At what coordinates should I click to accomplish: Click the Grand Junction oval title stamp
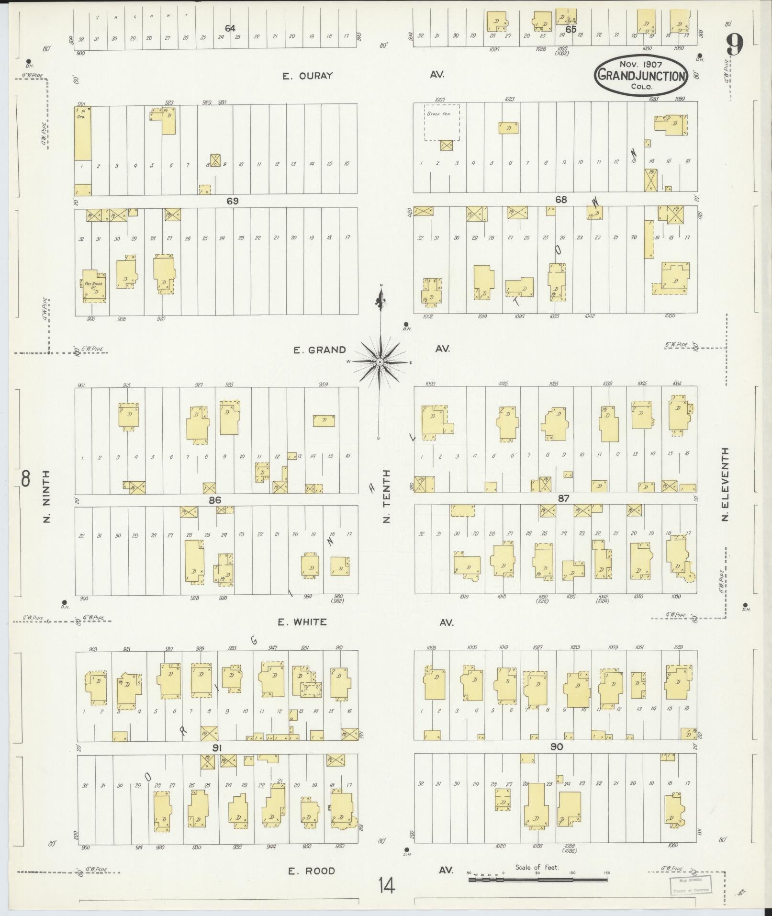(641, 75)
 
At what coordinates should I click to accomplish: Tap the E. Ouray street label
(307, 76)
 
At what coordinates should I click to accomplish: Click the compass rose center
(380, 362)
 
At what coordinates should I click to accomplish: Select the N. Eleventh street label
(726, 485)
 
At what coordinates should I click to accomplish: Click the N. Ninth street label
(46, 497)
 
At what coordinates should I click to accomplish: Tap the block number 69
(232, 201)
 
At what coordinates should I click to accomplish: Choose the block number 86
(215, 500)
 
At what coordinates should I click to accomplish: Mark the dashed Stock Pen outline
(442, 123)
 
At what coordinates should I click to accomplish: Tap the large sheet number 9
(734, 45)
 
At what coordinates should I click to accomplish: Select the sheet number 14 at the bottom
(386, 885)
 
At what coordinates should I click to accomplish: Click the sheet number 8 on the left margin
(25, 478)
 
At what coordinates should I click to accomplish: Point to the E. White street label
(302, 622)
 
